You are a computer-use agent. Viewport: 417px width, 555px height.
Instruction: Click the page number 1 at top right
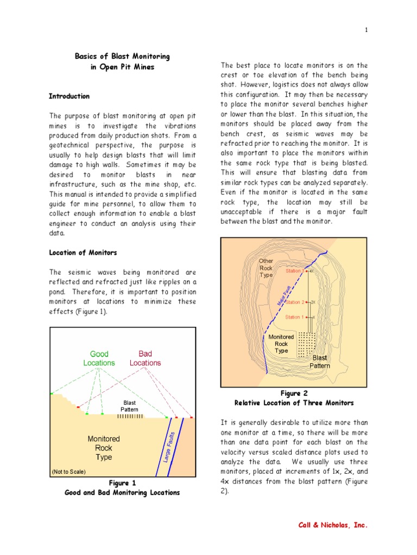point(367,30)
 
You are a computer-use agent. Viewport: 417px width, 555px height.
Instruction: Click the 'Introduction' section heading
point(69,96)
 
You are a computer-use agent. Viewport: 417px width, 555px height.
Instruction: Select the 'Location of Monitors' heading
point(83,253)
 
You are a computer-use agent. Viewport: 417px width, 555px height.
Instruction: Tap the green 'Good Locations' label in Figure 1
point(99,358)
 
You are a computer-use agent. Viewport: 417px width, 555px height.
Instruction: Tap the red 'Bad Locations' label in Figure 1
point(145,358)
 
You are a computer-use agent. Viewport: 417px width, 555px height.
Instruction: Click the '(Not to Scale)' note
point(68,472)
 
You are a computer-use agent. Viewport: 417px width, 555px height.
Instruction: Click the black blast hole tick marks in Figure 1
point(130,416)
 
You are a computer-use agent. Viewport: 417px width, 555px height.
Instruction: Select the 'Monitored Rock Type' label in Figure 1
point(104,448)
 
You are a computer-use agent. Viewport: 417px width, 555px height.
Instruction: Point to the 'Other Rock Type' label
point(266,268)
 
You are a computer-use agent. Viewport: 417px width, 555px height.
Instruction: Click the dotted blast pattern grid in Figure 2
point(307,343)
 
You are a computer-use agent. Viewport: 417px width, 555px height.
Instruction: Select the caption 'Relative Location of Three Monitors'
point(294,403)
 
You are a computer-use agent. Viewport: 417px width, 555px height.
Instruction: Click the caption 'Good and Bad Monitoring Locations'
point(122,493)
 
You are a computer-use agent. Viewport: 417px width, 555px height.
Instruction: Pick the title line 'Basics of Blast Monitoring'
point(122,56)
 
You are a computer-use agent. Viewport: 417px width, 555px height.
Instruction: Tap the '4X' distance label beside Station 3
point(312,271)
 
